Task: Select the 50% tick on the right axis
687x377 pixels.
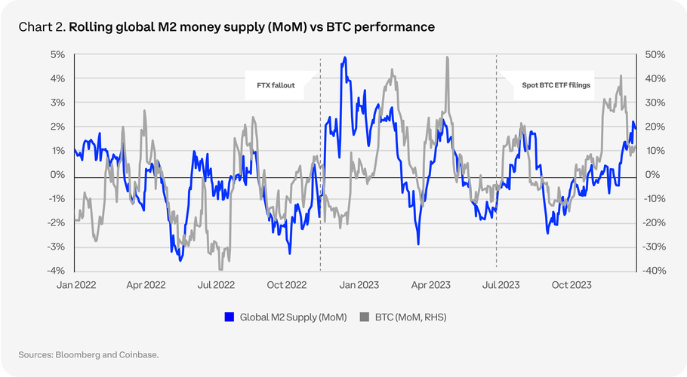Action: click(654, 55)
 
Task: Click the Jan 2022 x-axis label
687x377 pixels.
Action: click(76, 286)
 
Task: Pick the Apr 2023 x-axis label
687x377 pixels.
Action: click(429, 286)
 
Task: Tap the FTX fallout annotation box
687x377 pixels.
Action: click(275, 85)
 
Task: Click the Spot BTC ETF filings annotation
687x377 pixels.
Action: click(556, 85)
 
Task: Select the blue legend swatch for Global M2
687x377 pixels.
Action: click(229, 317)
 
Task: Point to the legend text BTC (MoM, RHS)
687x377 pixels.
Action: click(411, 317)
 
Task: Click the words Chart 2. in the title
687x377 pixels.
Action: click(42, 27)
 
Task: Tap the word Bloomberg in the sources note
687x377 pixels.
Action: click(78, 354)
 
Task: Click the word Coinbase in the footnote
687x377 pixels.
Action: click(137, 354)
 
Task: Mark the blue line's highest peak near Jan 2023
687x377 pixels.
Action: click(344, 58)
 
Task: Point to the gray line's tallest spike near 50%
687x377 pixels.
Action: click(448, 57)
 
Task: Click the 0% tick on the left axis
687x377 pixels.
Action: click(57, 175)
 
